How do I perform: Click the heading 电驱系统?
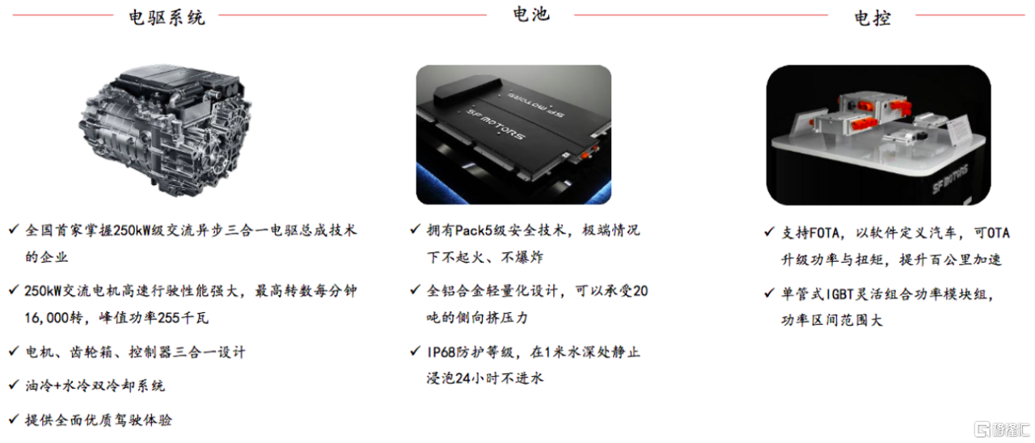point(167,18)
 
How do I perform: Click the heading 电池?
point(531,14)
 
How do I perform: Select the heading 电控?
point(872,18)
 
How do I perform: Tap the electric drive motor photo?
point(165,130)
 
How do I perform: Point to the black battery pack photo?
point(513,134)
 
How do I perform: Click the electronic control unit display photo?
point(878,135)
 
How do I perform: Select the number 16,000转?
point(53,318)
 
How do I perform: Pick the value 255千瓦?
point(184,318)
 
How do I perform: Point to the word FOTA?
point(824,233)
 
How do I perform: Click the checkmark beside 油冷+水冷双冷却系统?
point(14,384)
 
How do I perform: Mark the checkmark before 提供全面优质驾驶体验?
point(14,419)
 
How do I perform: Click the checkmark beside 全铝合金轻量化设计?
point(416,289)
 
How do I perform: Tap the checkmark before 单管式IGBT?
point(769,293)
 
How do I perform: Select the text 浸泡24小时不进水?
point(485,378)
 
